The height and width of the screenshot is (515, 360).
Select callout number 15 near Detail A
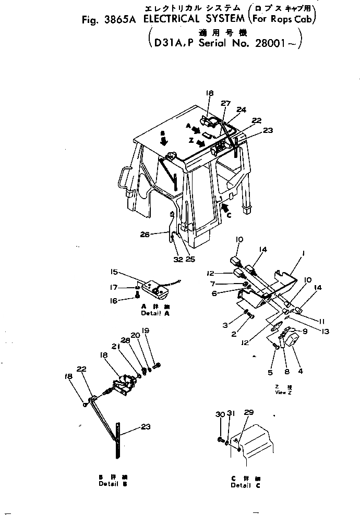(114, 272)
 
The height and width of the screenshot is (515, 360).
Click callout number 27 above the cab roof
(225, 103)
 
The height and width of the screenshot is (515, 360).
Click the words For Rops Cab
(283, 21)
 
